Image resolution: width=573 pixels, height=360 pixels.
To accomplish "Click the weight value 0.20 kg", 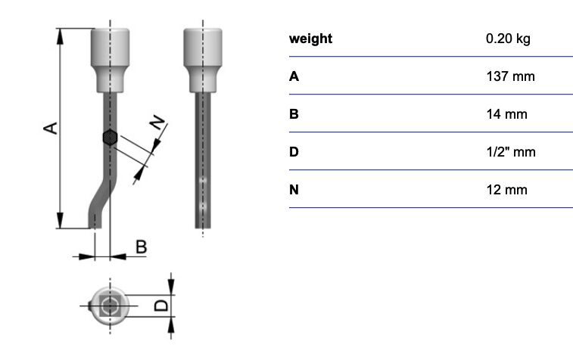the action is (x=508, y=39).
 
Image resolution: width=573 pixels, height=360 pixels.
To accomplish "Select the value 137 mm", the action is (x=510, y=76).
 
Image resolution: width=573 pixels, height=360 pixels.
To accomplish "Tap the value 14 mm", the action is (x=507, y=114).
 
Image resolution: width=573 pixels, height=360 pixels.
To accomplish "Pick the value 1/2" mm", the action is (x=511, y=152).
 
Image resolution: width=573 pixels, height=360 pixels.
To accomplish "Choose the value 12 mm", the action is (x=507, y=190).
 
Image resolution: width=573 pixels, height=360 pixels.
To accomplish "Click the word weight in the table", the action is (x=310, y=39).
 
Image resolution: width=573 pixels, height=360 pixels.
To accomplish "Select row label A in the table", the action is (x=294, y=76).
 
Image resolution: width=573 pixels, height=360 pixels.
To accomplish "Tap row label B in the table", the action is (x=294, y=114).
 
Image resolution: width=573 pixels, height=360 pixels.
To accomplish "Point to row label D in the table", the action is (x=294, y=152).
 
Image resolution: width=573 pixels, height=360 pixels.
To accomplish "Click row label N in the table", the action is (x=294, y=190).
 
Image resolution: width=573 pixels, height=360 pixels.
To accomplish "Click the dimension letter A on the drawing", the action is (x=51, y=128).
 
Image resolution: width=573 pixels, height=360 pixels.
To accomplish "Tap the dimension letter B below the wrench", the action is (x=142, y=247).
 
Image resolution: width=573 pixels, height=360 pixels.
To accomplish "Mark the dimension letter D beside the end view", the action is (x=161, y=306).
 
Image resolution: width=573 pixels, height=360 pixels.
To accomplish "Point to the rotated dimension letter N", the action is (x=158, y=123).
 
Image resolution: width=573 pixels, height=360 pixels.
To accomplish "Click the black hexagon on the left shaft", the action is (x=110, y=138).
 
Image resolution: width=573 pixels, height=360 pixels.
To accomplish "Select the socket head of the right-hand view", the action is (x=203, y=61).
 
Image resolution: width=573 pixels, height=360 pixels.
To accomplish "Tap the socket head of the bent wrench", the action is (x=110, y=61).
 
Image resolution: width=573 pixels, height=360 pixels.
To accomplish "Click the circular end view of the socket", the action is (x=110, y=306).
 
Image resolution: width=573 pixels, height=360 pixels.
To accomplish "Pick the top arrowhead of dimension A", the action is (x=61, y=36).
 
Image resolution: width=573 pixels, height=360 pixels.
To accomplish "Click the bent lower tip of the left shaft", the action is (x=95, y=220).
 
